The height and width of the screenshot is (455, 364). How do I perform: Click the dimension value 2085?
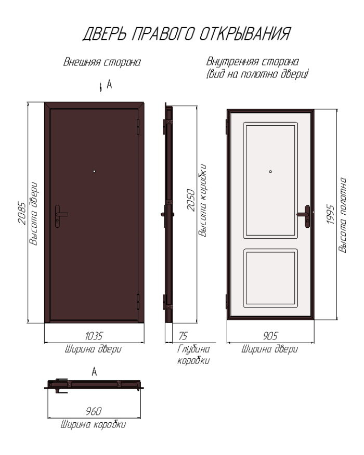[x=22, y=213]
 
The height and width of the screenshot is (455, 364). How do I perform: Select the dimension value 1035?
[x=94, y=336]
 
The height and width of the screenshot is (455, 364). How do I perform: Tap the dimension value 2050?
[x=191, y=200]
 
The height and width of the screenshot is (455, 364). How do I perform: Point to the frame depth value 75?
[x=183, y=336]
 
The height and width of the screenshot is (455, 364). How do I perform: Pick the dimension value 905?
[x=270, y=336]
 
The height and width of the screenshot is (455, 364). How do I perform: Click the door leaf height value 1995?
[x=331, y=214]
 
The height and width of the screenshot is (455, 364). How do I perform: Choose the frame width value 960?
[x=94, y=411]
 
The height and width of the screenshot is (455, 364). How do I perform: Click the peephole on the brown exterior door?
[x=94, y=171]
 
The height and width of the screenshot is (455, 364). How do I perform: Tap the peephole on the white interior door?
[x=270, y=171]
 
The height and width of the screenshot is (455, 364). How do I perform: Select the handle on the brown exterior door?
[x=59, y=216]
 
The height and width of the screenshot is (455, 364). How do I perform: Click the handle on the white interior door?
[x=305, y=216]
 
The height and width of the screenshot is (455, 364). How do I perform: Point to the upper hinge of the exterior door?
[x=138, y=126]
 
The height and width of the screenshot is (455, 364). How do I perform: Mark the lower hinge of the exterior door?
[x=138, y=302]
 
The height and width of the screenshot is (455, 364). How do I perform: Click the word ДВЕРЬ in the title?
[x=105, y=34]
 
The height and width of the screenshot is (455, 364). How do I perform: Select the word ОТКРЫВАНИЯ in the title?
[x=245, y=34]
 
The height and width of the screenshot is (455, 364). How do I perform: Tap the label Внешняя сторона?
[x=102, y=62]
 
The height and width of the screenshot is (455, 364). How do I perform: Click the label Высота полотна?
[x=342, y=215]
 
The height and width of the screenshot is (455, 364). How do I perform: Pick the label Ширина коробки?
[x=93, y=425]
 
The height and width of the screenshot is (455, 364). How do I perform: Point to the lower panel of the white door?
[x=270, y=278]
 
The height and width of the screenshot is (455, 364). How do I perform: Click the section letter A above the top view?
[x=94, y=372]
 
